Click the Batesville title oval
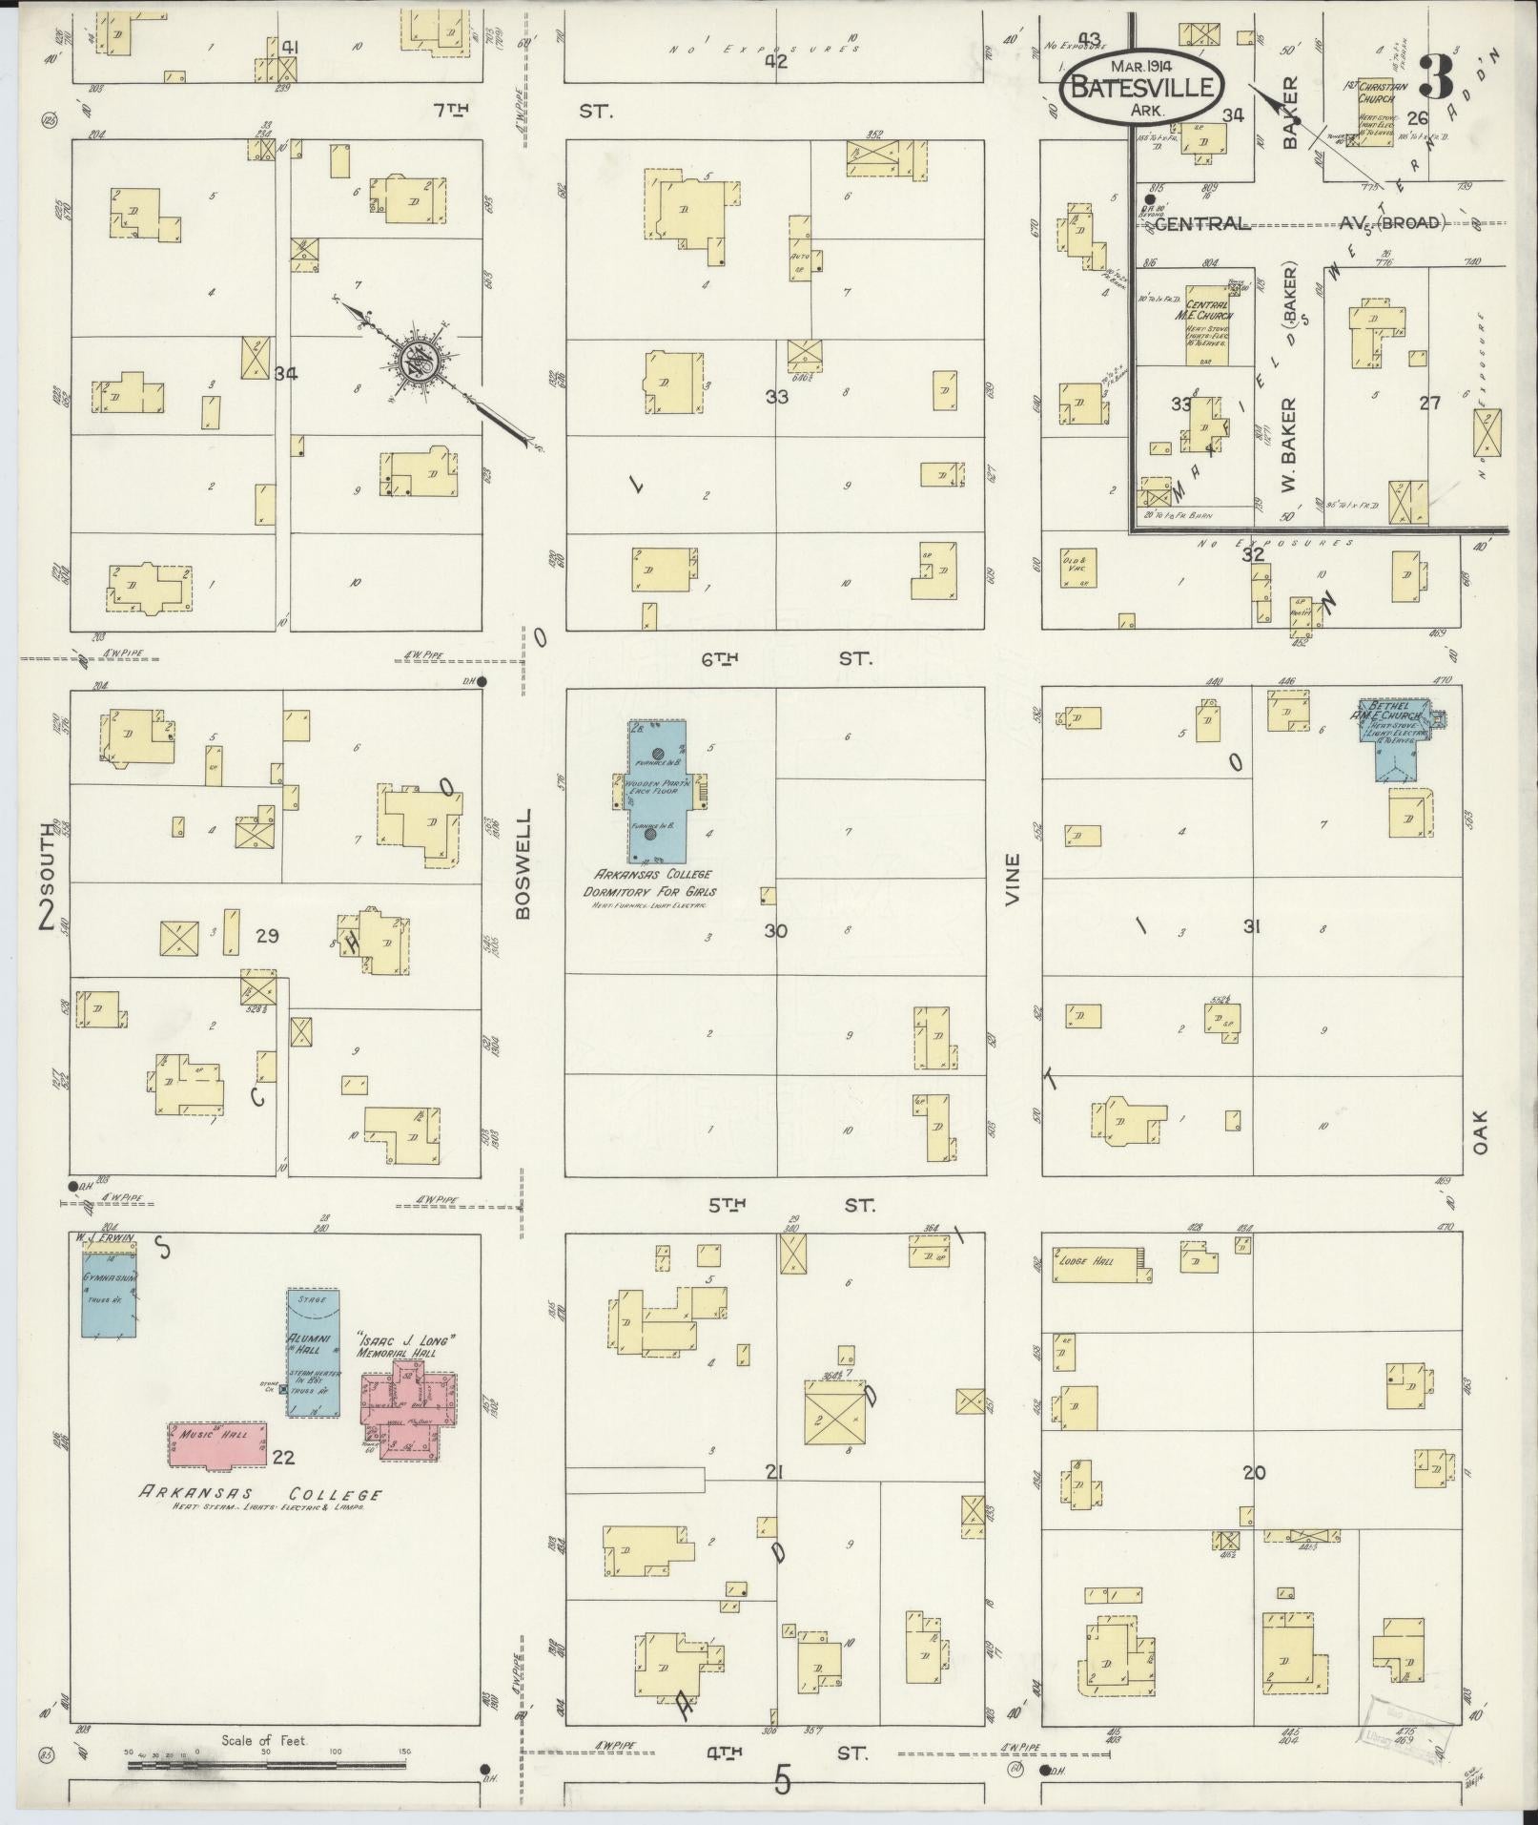tap(1141, 85)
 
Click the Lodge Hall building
tap(1097, 1264)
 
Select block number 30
tap(775, 930)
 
